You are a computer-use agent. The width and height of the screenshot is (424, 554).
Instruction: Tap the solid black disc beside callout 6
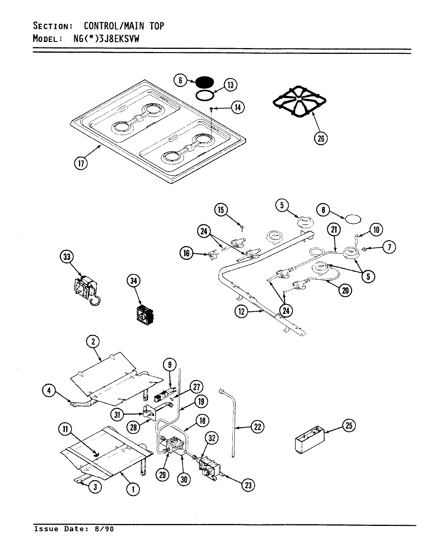click(204, 82)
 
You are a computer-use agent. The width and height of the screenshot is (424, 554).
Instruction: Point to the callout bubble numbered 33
click(67, 257)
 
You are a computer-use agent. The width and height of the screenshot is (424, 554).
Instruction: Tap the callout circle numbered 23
click(248, 486)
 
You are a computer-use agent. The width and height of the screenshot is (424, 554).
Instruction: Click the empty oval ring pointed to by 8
click(353, 220)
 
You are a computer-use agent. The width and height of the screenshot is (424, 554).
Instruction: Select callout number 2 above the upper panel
click(93, 342)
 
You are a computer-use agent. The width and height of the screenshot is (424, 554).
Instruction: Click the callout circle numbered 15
click(221, 210)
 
